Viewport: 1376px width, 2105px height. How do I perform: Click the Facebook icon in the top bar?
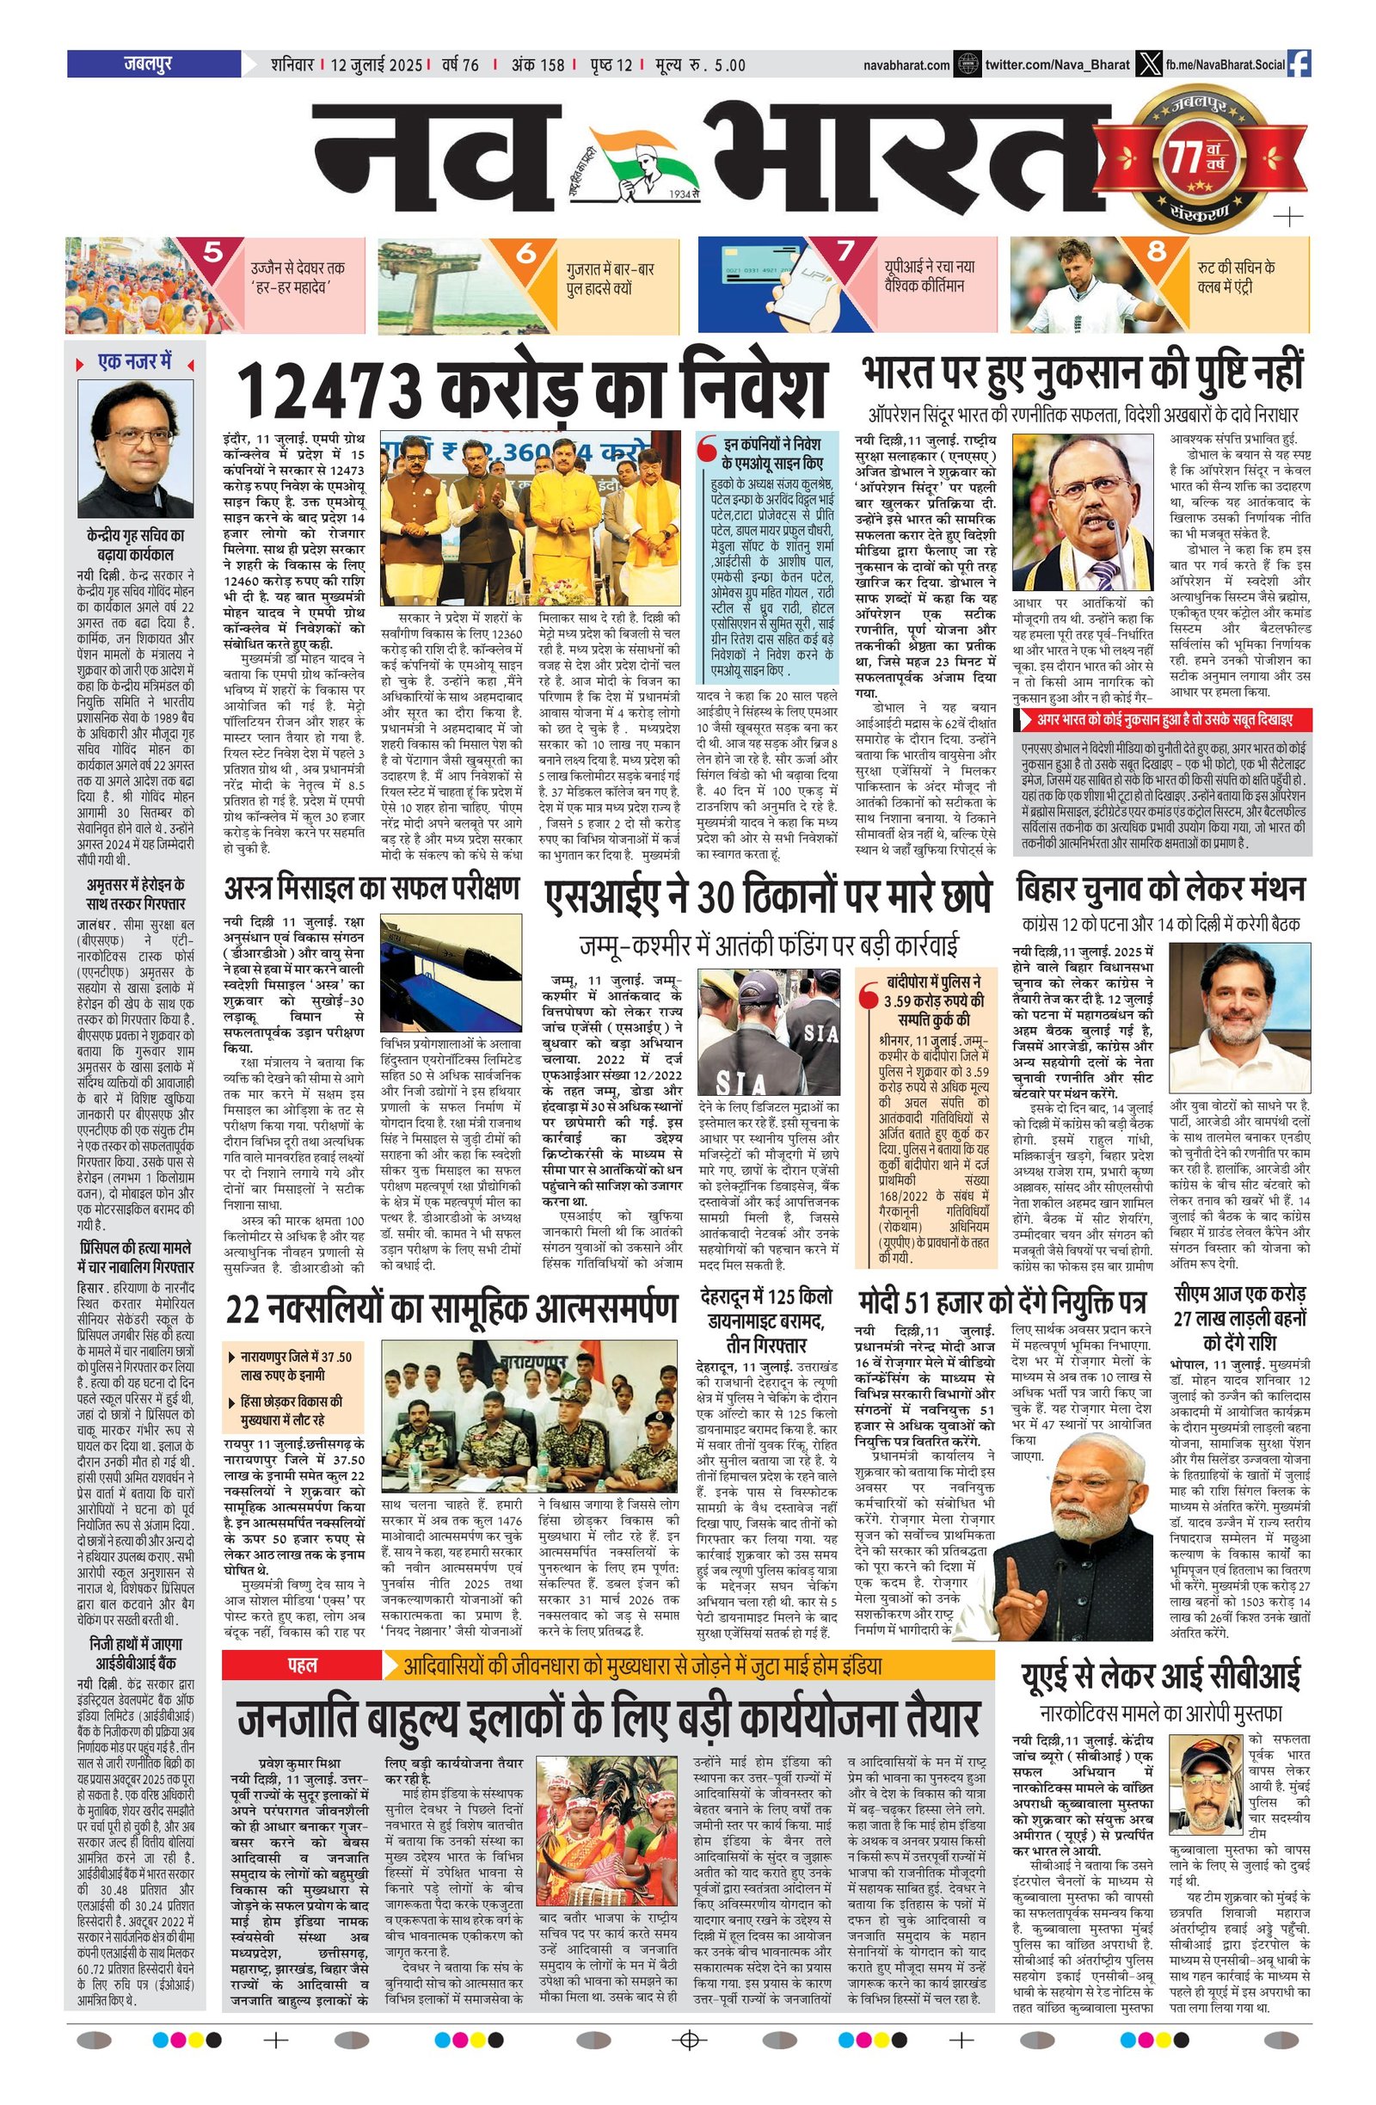pos(1299,64)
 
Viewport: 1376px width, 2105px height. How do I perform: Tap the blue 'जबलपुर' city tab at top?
pos(152,64)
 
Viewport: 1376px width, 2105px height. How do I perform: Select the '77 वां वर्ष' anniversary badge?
pos(1201,160)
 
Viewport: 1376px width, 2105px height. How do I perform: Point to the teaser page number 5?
pos(212,253)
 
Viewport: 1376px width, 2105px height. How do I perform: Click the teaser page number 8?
pos(1156,252)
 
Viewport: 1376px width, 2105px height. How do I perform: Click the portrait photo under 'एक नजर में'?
pos(135,448)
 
